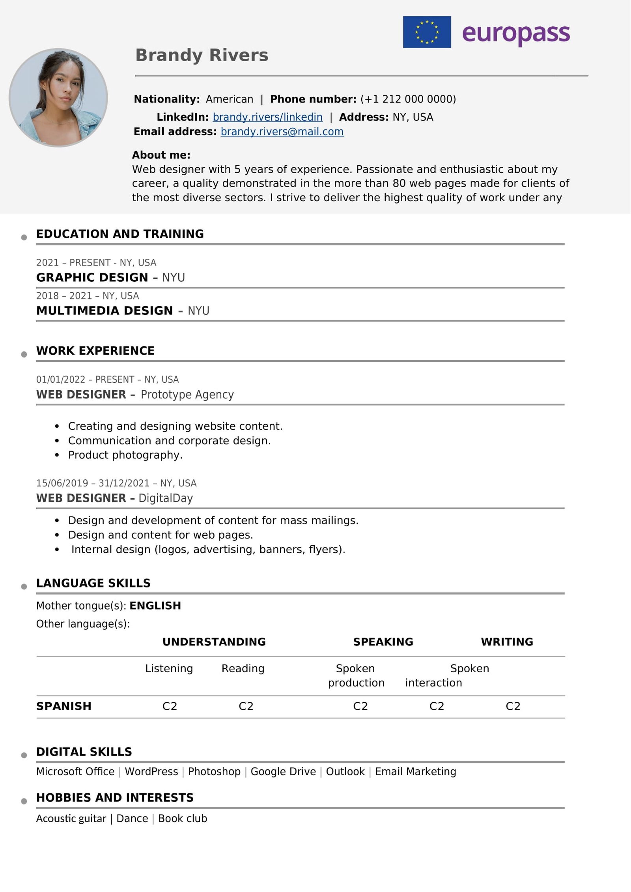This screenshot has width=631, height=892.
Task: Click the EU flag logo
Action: pyautogui.click(x=427, y=32)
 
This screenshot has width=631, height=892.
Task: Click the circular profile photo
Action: pyautogui.click(x=58, y=97)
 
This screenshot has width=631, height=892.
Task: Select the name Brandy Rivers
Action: pyautogui.click(x=202, y=55)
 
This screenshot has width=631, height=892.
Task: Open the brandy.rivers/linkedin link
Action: pyautogui.click(x=267, y=117)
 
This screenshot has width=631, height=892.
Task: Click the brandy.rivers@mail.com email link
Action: pyautogui.click(x=282, y=132)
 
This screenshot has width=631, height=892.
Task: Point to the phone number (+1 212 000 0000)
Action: pyautogui.click(x=408, y=99)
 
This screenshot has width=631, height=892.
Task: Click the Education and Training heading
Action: pyautogui.click(x=120, y=234)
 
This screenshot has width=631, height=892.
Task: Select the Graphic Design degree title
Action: pyautogui.click(x=92, y=277)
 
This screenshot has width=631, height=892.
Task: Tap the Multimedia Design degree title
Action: pyautogui.click(x=105, y=310)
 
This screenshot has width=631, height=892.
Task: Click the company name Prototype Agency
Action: pyautogui.click(x=187, y=395)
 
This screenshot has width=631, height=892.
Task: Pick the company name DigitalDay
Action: pyautogui.click(x=166, y=498)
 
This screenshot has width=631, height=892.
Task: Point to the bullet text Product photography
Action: pyautogui.click(x=125, y=455)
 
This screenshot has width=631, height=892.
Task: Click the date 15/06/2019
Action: pyautogui.click(x=62, y=483)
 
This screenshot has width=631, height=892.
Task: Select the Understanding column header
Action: pyautogui.click(x=214, y=642)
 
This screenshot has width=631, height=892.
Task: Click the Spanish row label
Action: pyautogui.click(x=63, y=706)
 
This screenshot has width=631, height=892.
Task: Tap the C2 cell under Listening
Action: pyautogui.click(x=170, y=706)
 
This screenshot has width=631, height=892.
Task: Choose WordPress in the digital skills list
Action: pyautogui.click(x=151, y=771)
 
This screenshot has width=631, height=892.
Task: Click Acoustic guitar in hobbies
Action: pyautogui.click(x=71, y=819)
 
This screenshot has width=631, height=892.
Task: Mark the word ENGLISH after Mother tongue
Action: pyautogui.click(x=155, y=606)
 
